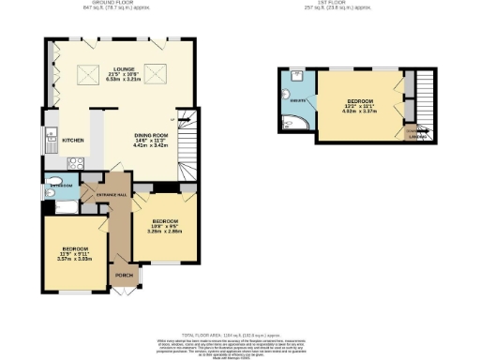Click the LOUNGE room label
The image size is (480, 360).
pos(121,69)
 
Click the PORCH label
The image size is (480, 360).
pos(122,276)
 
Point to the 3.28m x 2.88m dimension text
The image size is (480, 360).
pos(165,230)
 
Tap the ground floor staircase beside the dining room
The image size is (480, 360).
pos(189,144)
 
